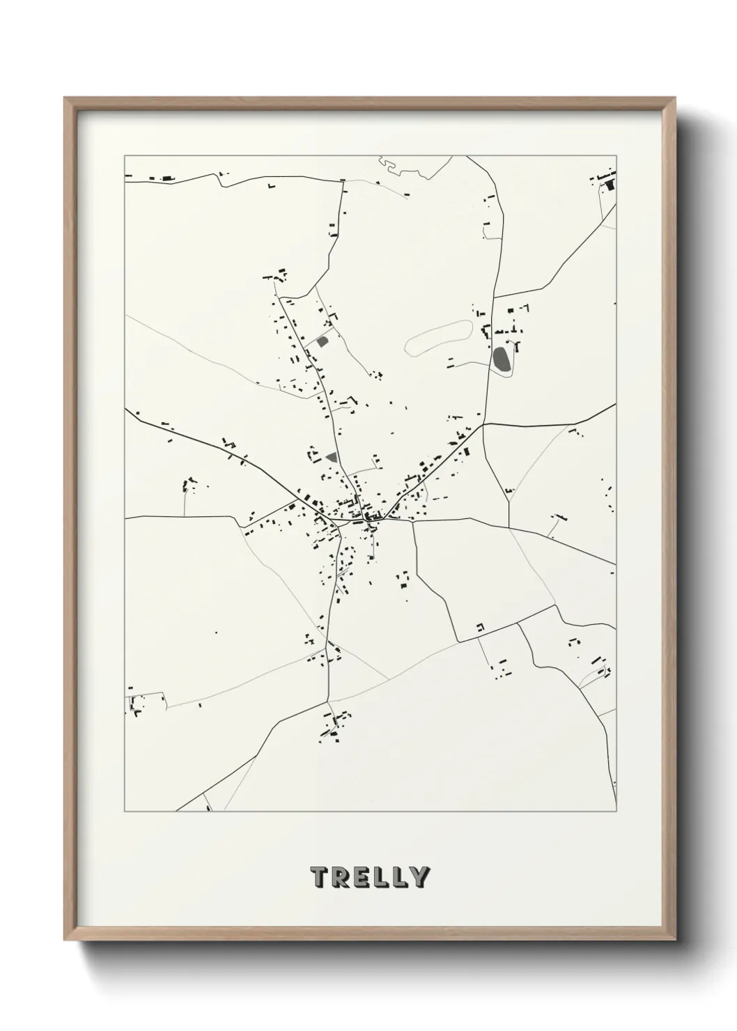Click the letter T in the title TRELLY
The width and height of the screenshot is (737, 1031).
click(x=320, y=876)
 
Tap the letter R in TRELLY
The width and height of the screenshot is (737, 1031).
click(x=341, y=876)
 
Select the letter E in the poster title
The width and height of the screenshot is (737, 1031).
click(x=362, y=876)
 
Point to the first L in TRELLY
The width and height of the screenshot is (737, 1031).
click(x=381, y=876)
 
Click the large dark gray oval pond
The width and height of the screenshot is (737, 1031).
click(x=501, y=358)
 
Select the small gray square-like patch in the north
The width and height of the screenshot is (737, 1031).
click(x=323, y=341)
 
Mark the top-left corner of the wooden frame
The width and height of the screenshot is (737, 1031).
click(x=65, y=98)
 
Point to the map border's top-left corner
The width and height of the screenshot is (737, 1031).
click(x=125, y=155)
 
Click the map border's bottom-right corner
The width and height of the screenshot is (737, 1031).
click(x=616, y=812)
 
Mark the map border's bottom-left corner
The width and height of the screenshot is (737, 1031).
click(x=125, y=812)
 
